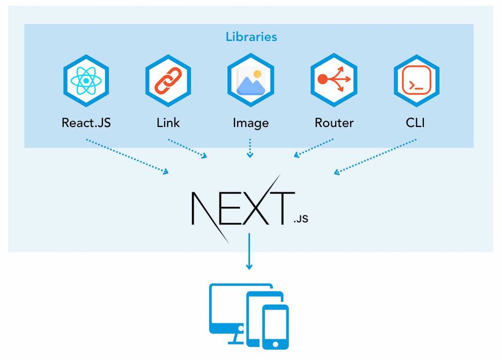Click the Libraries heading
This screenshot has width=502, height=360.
(251, 37)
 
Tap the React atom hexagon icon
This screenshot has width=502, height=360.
(85, 80)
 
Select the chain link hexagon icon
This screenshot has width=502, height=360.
(168, 80)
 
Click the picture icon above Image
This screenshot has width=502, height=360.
(250, 80)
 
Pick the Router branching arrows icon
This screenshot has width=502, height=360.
(333, 80)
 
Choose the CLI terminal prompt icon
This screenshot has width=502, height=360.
(416, 80)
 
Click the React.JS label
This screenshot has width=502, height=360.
(86, 123)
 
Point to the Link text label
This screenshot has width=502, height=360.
(168, 123)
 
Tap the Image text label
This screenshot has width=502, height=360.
(250, 123)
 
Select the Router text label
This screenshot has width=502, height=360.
(334, 123)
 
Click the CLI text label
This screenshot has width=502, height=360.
(416, 123)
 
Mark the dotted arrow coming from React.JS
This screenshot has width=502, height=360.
(127, 156)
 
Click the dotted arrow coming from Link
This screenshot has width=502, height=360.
(188, 148)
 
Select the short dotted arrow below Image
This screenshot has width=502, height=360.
(250, 148)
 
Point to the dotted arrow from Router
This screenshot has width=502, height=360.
(314, 148)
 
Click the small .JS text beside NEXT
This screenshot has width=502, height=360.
(301, 219)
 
